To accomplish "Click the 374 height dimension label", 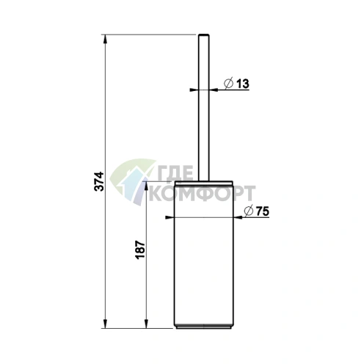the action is tap(99, 181).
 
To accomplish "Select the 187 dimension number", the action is tap(140, 250).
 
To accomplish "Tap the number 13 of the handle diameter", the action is tap(242, 84).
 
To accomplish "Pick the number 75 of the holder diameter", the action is tap(263, 211).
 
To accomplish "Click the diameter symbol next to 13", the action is tap(228, 84).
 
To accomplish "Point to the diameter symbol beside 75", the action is tap(249, 211).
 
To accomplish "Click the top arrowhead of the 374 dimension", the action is tap(106, 40).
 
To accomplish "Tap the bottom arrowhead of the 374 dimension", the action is tap(106, 323).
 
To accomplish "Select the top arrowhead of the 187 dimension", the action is tap(146, 186).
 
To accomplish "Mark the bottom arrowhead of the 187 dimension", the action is tap(146, 323).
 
